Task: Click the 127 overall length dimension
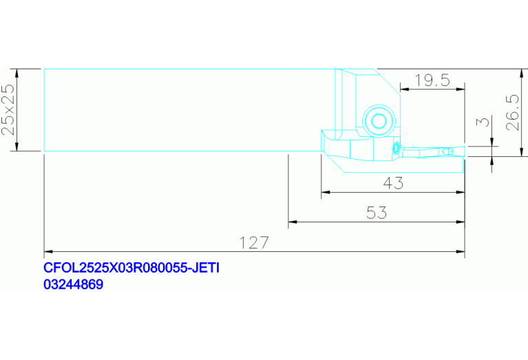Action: (x=254, y=242)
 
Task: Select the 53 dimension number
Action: (x=377, y=213)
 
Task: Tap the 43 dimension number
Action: (x=393, y=183)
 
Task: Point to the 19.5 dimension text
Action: (x=432, y=80)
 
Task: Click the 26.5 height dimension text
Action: (x=513, y=112)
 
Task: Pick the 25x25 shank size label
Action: (x=8, y=109)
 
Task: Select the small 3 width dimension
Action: (x=483, y=121)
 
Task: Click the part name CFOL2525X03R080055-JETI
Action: (x=131, y=268)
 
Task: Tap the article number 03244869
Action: (x=74, y=284)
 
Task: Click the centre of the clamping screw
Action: (x=379, y=121)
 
